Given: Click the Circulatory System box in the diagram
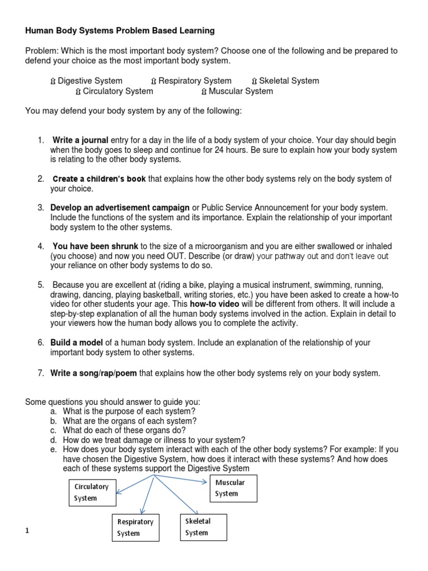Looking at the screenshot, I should pos(92,492).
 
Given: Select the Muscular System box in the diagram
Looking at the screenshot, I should pos(232,488).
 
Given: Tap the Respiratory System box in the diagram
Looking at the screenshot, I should pos(135,528).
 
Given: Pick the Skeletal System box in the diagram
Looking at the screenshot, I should pos(203,527).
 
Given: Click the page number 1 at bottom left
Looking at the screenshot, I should pos(27,530).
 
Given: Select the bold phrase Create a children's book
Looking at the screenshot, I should pos(99,179).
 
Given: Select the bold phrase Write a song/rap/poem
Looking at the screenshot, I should pos(94,373).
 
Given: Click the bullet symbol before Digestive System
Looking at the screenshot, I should pos(53,81).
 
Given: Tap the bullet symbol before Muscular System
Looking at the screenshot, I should pos(204,91).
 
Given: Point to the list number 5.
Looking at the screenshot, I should pos(41,285).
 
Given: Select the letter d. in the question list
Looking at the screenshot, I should pos(53,439).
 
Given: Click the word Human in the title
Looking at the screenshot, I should pos(38,30).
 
